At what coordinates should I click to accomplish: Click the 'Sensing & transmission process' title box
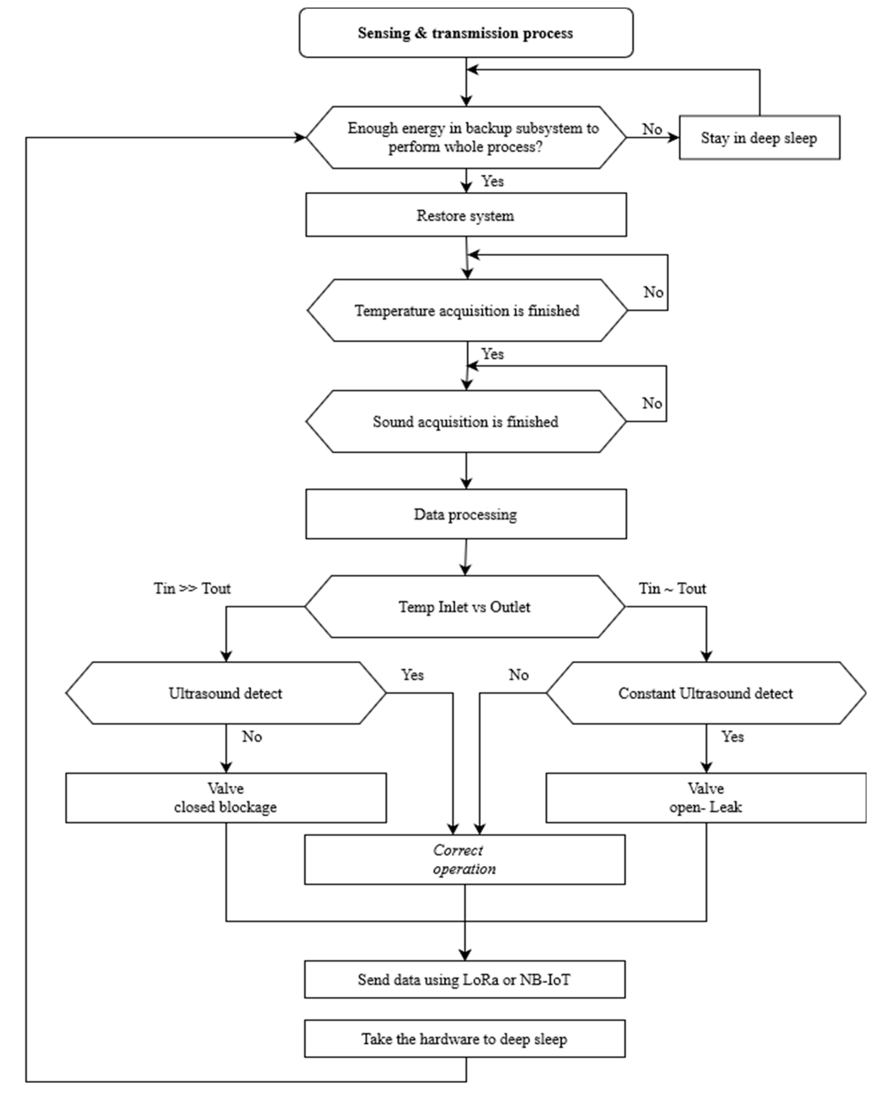coord(465,33)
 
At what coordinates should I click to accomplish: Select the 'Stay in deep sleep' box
coord(759,138)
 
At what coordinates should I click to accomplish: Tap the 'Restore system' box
coord(465,215)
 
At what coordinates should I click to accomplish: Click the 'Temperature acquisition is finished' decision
coord(466,310)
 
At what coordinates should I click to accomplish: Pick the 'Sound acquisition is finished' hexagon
coord(465,422)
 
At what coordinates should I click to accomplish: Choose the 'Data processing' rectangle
coord(465,514)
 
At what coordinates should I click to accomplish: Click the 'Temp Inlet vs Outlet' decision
coord(464,607)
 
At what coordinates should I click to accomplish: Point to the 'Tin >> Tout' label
coord(192,588)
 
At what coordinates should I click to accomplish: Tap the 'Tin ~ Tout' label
coord(672,588)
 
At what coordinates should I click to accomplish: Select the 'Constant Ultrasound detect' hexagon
coord(706,693)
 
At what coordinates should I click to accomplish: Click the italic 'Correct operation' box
coord(464,859)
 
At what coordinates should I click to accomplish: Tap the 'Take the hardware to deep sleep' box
coord(464,1039)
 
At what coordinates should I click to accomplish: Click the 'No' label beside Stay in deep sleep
coord(652,129)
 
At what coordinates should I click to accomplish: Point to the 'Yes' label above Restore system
coord(492,181)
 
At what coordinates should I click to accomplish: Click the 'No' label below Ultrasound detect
coord(251,736)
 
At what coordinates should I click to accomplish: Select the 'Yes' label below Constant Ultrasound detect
coord(732,736)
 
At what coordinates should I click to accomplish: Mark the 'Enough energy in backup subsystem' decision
coord(465,137)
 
